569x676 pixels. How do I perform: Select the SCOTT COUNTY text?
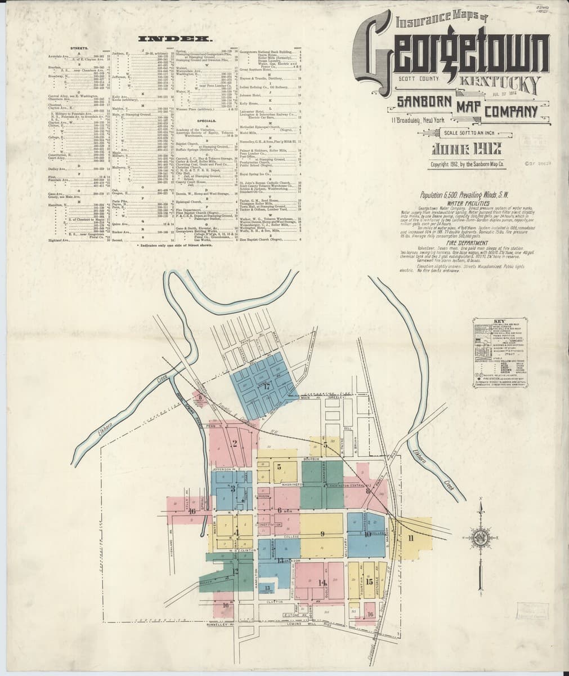coord(418,79)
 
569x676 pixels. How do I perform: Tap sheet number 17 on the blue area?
coord(266,386)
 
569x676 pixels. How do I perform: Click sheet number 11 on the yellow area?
coord(411,539)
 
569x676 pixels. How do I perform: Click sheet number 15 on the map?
coord(369,581)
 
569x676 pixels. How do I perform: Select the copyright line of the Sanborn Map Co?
coord(468,164)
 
